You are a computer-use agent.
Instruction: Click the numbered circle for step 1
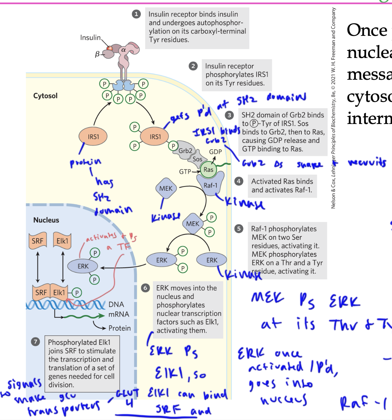[x=136, y=14]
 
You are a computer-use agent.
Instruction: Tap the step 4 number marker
[x=239, y=181]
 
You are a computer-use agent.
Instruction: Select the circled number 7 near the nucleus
[x=35, y=342]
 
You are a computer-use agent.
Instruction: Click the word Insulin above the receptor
[x=90, y=38]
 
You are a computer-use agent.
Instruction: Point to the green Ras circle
[x=208, y=170]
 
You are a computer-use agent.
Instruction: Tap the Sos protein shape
[x=197, y=159]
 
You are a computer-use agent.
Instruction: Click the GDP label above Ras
[x=215, y=152]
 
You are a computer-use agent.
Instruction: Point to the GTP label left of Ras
[x=185, y=172]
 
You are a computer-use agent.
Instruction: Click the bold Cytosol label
[x=45, y=96]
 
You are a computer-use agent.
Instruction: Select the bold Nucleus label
[x=46, y=220]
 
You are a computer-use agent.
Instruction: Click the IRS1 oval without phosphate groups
[x=93, y=137]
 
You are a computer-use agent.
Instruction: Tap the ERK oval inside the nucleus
[x=83, y=266]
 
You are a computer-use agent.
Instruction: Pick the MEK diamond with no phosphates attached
[x=166, y=189]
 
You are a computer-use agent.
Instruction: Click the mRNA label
[x=119, y=314]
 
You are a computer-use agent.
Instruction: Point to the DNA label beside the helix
[x=116, y=304]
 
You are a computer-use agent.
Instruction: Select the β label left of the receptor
[x=97, y=54]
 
